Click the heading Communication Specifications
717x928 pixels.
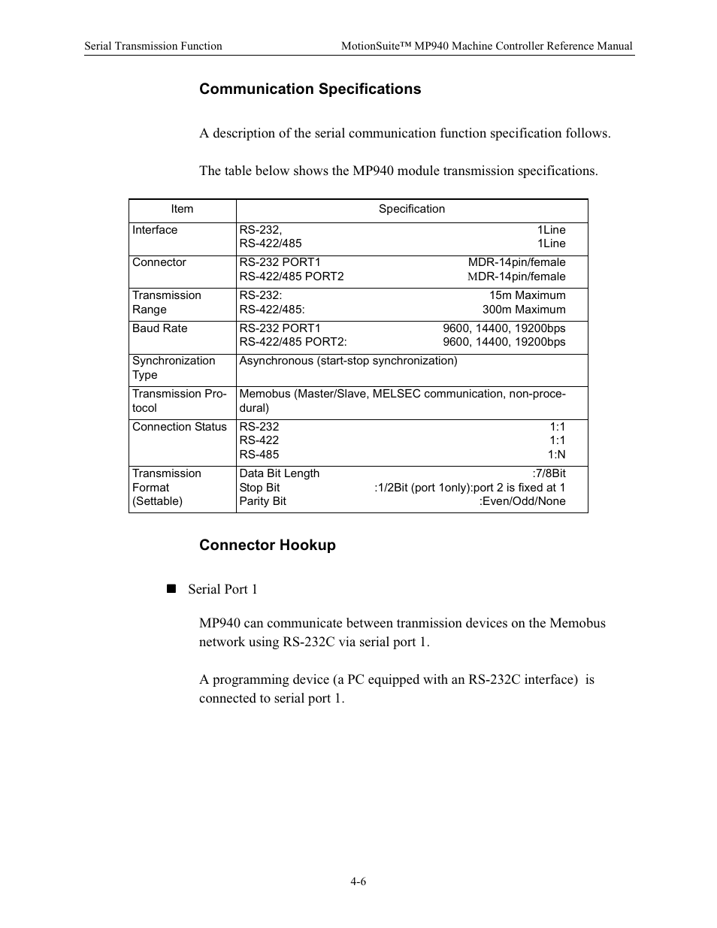310,89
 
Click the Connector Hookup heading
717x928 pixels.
267,546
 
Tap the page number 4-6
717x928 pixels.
358,882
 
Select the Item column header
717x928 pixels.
182,210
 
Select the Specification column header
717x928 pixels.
411,210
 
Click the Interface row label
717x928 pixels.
155,230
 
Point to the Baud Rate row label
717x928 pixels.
159,328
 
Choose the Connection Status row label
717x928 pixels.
179,427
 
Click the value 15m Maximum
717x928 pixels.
527,295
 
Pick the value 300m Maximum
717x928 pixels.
524,310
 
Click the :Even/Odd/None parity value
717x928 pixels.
522,501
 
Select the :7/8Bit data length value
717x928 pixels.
549,473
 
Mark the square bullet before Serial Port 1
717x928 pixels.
171,589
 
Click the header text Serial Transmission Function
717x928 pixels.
153,47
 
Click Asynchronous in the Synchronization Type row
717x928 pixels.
276,361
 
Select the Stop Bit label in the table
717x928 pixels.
259,488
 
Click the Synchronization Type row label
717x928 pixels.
173,367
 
